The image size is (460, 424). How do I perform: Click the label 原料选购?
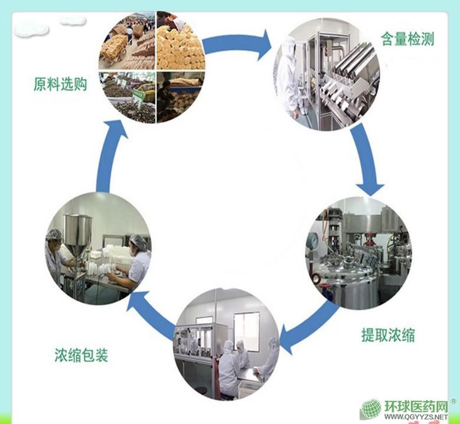coord(61,85)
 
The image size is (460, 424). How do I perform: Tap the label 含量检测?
coord(407,40)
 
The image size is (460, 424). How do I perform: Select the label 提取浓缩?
coord(388,335)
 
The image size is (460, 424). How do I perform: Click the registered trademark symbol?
coord(453,402)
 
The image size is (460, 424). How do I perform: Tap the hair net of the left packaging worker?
coord(54,234)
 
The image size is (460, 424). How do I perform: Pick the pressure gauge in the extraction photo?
coord(314,239)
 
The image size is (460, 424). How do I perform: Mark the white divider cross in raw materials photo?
coord(156,70)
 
